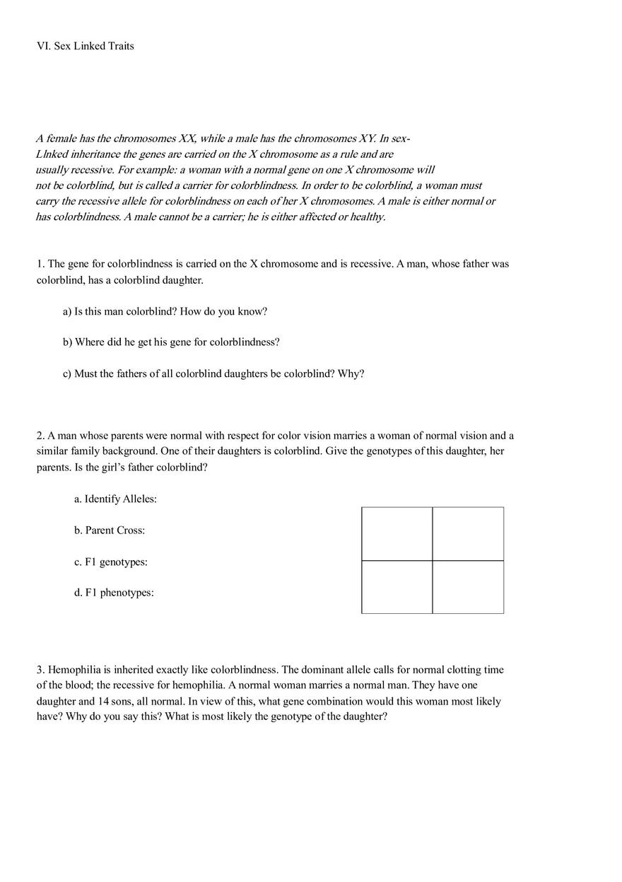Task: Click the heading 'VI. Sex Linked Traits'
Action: (85, 46)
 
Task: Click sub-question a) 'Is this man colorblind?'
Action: (165, 311)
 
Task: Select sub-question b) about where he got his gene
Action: (171, 342)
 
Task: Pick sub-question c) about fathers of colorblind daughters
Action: (213, 373)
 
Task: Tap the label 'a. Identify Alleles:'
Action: (115, 499)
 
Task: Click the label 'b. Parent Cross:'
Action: (110, 530)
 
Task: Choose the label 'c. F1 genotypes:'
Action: (111, 562)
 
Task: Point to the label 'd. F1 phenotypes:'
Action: (114, 593)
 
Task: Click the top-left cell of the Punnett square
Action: (397, 534)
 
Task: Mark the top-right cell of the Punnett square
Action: (468, 534)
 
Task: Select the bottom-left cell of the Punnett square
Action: (397, 587)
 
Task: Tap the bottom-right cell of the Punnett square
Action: (468, 587)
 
